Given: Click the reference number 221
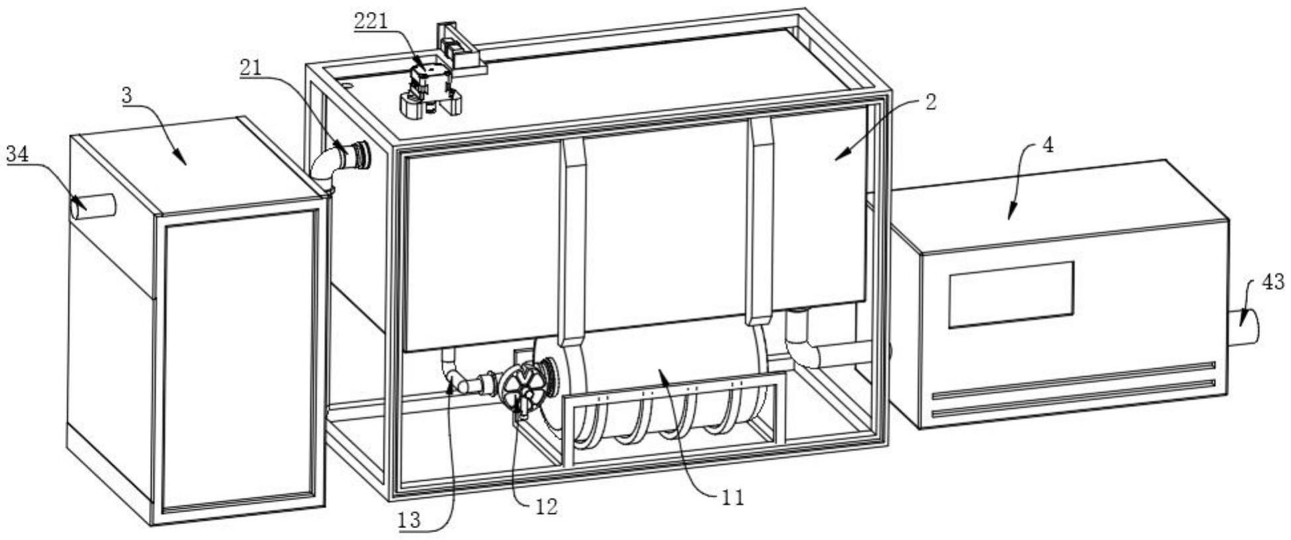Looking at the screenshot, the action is click(x=371, y=21).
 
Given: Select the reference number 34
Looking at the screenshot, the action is click(x=18, y=155).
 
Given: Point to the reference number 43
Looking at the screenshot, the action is click(x=1273, y=282).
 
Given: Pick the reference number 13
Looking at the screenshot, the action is click(x=410, y=520).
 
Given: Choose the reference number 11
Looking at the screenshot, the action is click(x=732, y=497).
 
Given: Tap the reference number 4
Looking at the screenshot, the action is click(x=1048, y=145).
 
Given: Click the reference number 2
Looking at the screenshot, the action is click(x=931, y=102).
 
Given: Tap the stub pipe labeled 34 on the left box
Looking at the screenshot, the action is click(x=93, y=206).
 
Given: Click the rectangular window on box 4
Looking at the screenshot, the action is click(x=1011, y=295).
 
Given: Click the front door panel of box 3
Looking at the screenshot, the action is click(x=239, y=360).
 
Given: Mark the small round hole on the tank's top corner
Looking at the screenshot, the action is click(x=346, y=86).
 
